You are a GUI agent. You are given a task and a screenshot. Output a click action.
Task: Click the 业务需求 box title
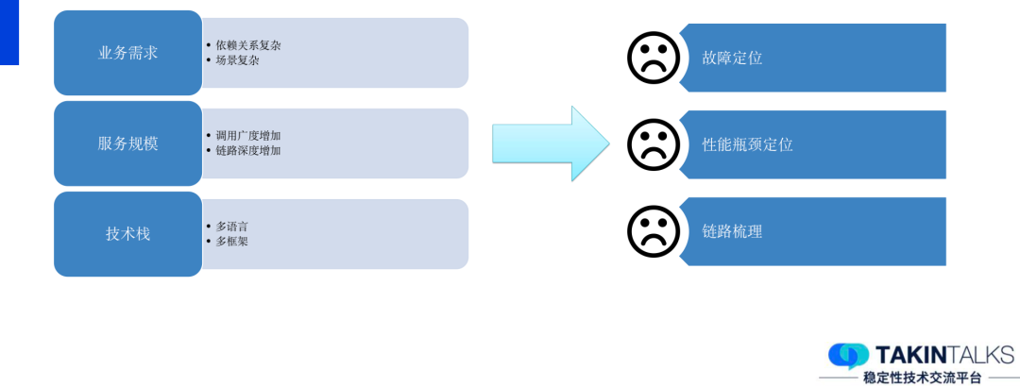(x=127, y=53)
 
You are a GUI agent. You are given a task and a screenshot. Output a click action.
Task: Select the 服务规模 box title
(x=127, y=143)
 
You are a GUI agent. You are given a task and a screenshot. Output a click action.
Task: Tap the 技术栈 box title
(x=127, y=234)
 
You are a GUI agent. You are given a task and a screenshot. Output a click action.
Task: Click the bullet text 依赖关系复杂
(x=247, y=45)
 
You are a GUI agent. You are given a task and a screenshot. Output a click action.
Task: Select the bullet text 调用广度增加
(x=247, y=136)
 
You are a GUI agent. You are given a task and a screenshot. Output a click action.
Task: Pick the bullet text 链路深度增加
(x=247, y=150)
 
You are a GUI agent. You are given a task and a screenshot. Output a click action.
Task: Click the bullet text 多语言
(x=231, y=227)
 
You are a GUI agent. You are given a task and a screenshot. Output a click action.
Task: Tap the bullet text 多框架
(x=231, y=241)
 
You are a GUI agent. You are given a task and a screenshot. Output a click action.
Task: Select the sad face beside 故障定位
(x=654, y=57)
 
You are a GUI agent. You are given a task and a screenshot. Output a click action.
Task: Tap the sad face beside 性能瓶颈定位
(x=654, y=143)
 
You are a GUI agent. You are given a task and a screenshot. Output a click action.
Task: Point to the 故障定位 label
(x=732, y=58)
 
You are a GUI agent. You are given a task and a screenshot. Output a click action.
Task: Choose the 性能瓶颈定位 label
(x=747, y=144)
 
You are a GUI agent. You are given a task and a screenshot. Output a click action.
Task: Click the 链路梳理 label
(x=732, y=231)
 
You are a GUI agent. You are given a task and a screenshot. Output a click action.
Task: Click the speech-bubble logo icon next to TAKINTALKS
(x=848, y=355)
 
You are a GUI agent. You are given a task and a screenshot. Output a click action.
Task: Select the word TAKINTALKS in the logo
(x=944, y=355)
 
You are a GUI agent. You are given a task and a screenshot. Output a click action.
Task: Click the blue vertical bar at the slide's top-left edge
(x=8, y=32)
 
